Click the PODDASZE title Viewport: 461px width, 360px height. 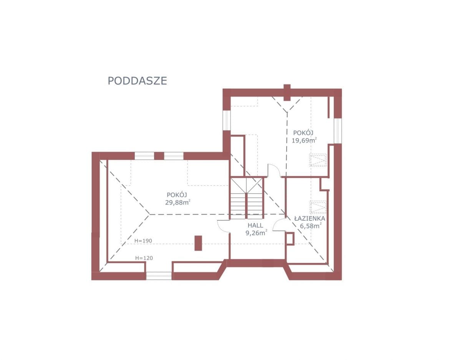pyautogui.click(x=137, y=81)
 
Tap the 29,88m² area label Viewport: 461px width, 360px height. pyautogui.click(x=177, y=202)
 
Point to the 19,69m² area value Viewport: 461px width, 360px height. pyautogui.click(x=304, y=140)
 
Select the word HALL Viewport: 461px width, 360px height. pyautogui.click(x=255, y=225)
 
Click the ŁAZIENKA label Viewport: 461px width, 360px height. pyautogui.click(x=310, y=218)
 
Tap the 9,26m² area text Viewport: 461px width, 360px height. pyautogui.click(x=256, y=233)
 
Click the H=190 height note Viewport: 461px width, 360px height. pyautogui.click(x=143, y=241)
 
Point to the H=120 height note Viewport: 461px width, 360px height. pyautogui.click(x=144, y=258)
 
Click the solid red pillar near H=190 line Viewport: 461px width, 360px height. pyautogui.click(x=198, y=243)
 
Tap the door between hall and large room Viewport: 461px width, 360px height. pyautogui.click(x=223, y=226)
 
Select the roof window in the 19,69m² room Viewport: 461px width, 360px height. pyautogui.click(x=318, y=160)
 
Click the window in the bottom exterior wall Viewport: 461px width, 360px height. pyautogui.click(x=159, y=276)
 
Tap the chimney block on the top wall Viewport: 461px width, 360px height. pyautogui.click(x=287, y=92)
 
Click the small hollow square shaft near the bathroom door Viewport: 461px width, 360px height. pyautogui.click(x=290, y=239)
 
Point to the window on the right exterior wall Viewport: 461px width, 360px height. pyautogui.click(x=338, y=131)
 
